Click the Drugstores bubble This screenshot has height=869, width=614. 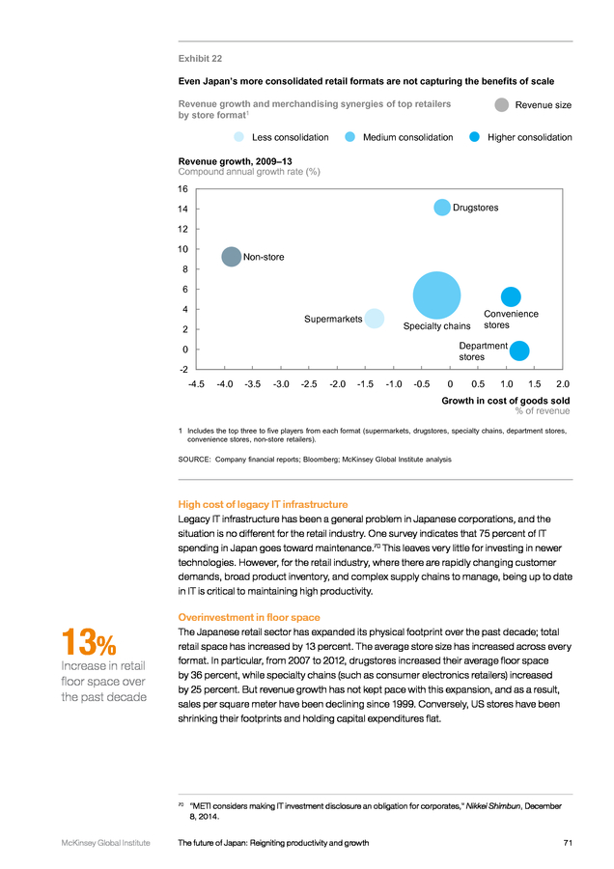(441, 208)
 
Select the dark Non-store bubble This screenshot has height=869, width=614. (231, 257)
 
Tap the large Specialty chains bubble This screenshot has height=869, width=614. (436, 295)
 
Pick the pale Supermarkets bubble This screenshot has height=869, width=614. (375, 319)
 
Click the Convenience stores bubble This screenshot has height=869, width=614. (511, 296)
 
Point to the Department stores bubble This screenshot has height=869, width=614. (519, 350)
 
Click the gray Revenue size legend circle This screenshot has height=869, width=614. (501, 104)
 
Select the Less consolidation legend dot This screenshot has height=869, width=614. (238, 137)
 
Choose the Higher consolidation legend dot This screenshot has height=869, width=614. (474, 137)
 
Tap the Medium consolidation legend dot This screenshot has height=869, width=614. (349, 137)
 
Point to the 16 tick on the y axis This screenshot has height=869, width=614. (182, 189)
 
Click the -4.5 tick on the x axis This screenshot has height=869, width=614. (196, 384)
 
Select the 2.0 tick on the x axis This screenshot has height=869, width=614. (563, 384)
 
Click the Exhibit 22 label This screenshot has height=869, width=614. (200, 59)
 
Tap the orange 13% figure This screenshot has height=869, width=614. (89, 642)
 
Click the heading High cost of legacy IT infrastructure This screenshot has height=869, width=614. (263, 504)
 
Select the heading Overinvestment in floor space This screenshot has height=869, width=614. (249, 617)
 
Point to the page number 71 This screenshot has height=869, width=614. (568, 843)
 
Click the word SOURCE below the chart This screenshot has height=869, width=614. (194, 460)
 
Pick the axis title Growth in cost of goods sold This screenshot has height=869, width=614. (505, 401)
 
